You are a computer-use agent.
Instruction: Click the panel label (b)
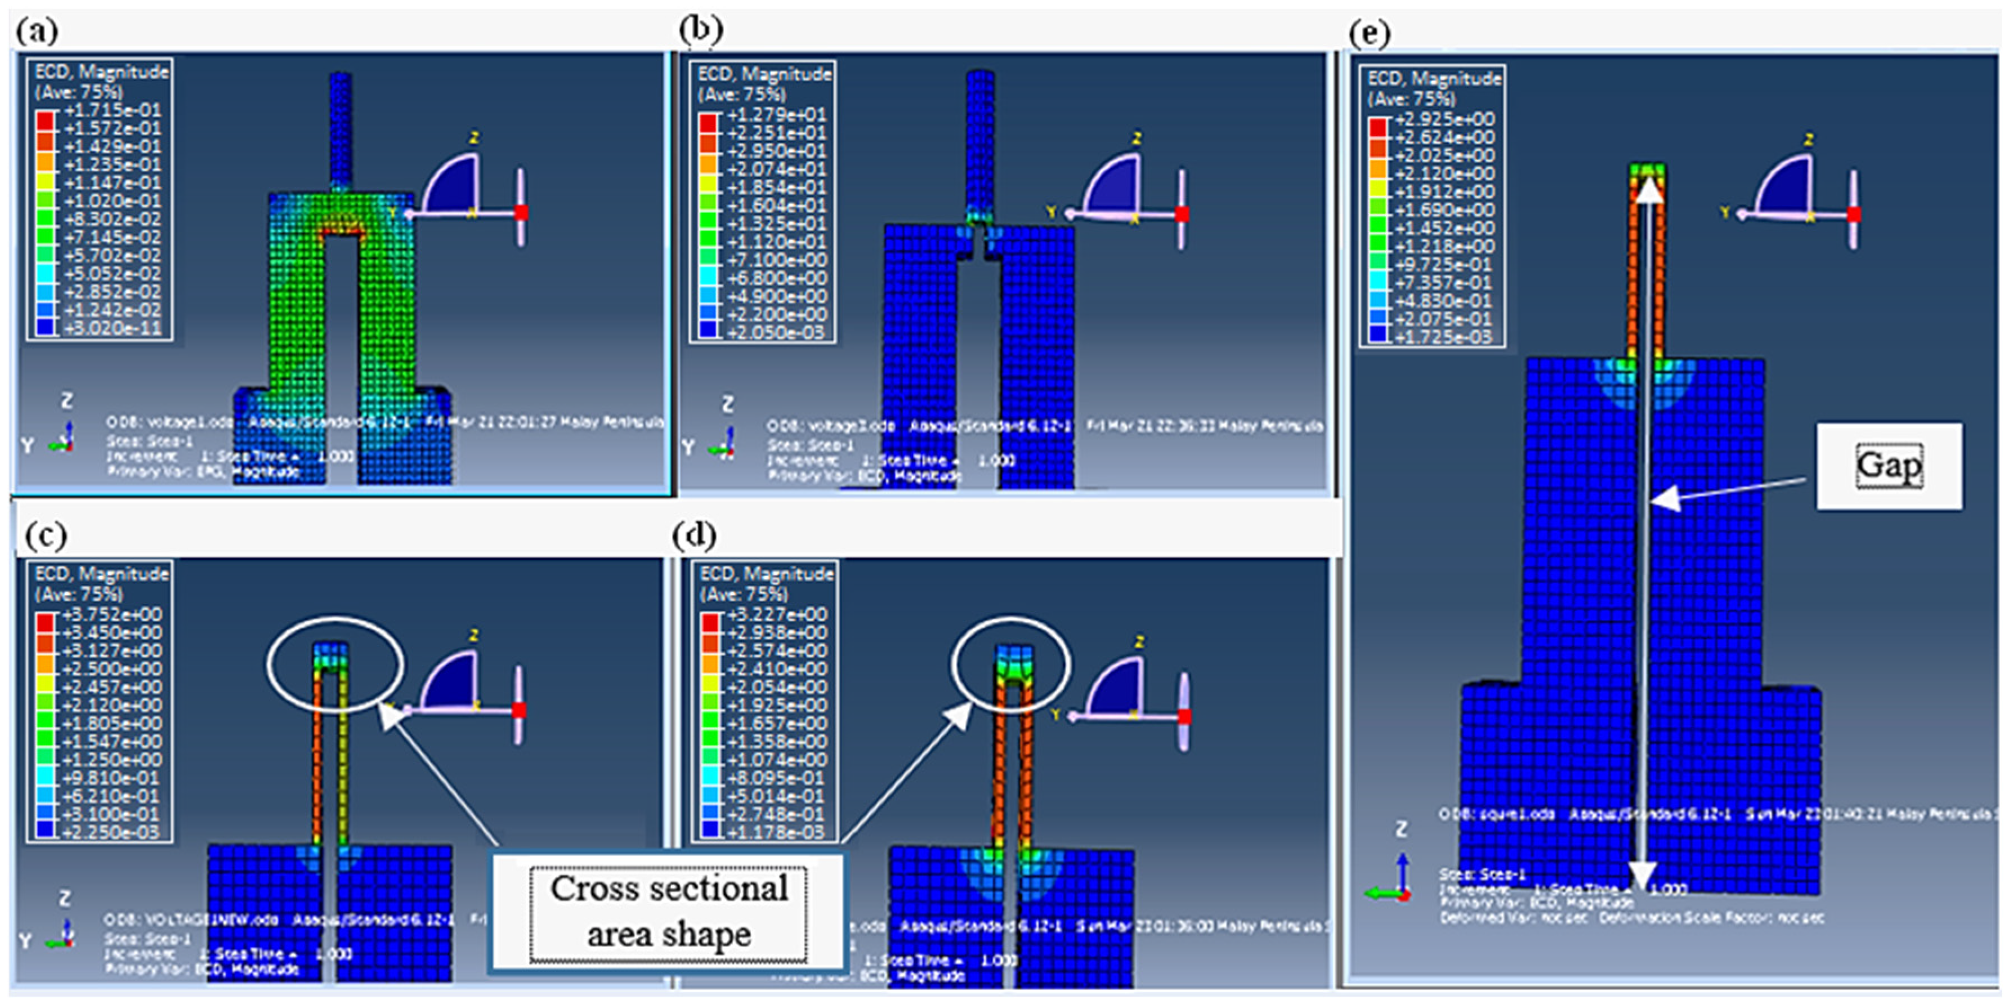(x=700, y=30)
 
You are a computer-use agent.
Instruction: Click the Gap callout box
(x=1888, y=466)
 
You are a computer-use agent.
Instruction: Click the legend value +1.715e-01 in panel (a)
(x=111, y=110)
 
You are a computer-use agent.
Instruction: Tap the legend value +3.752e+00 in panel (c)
(x=111, y=614)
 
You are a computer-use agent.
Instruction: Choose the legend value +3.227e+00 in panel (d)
(x=777, y=614)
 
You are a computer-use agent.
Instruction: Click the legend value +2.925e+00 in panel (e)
(x=1444, y=119)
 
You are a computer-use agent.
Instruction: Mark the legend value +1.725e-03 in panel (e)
(x=1444, y=337)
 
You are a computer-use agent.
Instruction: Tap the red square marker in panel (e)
(x=1854, y=214)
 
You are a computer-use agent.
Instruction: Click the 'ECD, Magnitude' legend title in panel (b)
(x=764, y=74)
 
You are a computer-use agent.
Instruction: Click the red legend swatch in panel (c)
(x=44, y=622)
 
